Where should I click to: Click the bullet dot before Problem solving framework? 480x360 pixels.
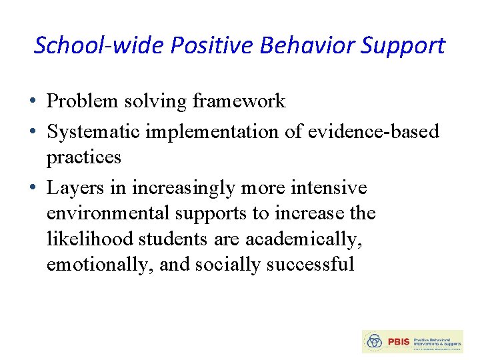(33, 102)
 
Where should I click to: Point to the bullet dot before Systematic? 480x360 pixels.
(33, 132)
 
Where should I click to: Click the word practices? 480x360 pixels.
(84, 157)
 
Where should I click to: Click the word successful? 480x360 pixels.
(310, 265)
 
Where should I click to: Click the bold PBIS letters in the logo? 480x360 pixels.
(398, 341)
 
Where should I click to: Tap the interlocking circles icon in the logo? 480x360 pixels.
(375, 341)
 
